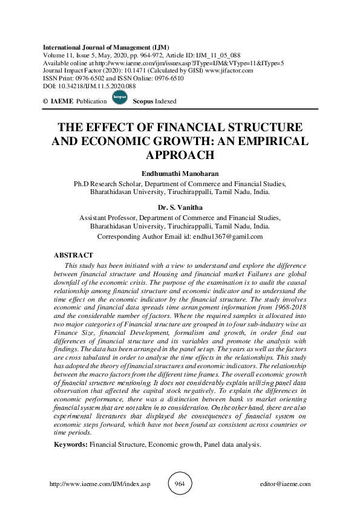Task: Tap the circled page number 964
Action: [x=180, y=484]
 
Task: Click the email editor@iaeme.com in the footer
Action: [x=284, y=484]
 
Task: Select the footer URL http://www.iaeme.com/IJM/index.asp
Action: [x=98, y=484]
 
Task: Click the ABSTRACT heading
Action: [x=74, y=256]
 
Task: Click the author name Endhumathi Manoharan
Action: [x=180, y=174]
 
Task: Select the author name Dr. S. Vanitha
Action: [x=180, y=207]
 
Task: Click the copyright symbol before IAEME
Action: [x=47, y=102]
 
